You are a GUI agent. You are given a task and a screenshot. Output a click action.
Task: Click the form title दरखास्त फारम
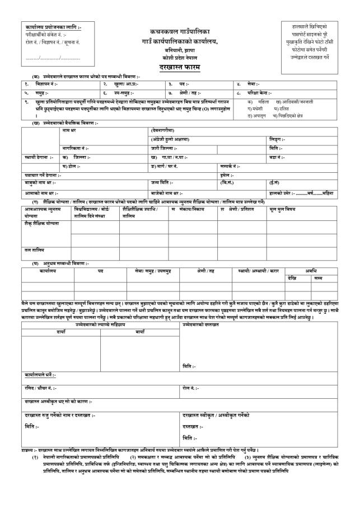tap(180, 67)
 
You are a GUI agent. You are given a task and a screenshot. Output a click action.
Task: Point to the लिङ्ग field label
tap(278, 139)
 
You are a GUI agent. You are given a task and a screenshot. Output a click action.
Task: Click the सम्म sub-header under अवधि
tap(319, 277)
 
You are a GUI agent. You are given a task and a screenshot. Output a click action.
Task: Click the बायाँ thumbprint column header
tap(140, 332)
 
